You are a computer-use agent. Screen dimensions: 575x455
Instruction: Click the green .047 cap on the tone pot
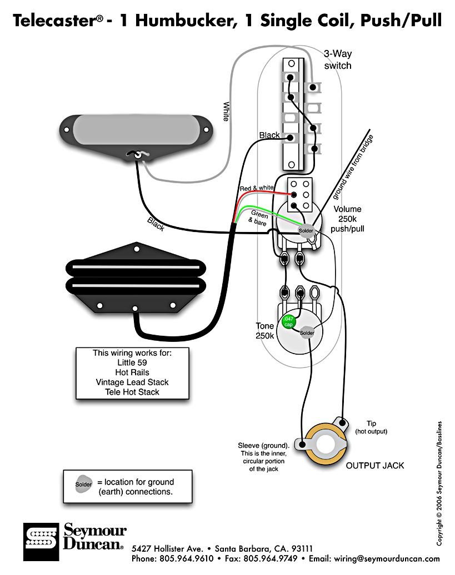tap(288, 321)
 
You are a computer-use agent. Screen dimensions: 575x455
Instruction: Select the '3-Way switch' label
tap(338, 59)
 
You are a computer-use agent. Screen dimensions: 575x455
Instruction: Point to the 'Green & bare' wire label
tap(259, 218)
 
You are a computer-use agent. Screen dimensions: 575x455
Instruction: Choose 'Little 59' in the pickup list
tap(132, 362)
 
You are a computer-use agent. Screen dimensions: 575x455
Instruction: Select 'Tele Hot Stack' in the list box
tap(132, 392)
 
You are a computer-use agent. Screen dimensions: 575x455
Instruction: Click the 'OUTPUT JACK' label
tap(375, 465)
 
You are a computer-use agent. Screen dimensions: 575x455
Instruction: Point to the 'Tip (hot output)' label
tap(371, 427)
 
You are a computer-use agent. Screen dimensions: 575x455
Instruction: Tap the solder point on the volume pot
tap(306, 231)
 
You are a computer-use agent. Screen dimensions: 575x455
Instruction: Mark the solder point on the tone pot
tap(307, 333)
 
